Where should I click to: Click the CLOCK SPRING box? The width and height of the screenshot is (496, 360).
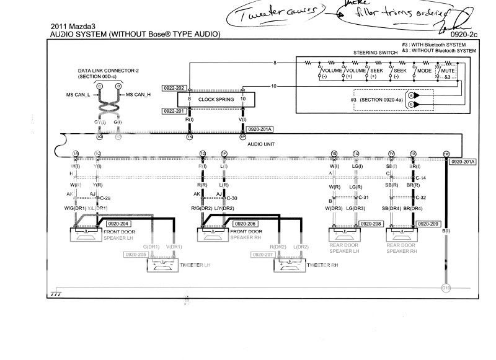[x=216, y=99]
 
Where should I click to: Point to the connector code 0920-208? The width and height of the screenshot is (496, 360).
[x=371, y=223]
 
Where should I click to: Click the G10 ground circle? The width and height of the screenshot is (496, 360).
[x=445, y=288]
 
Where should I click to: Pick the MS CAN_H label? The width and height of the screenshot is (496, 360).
[x=141, y=94]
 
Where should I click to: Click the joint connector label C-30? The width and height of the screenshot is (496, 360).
[x=232, y=198]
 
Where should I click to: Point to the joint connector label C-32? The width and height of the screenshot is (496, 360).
[x=422, y=198]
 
